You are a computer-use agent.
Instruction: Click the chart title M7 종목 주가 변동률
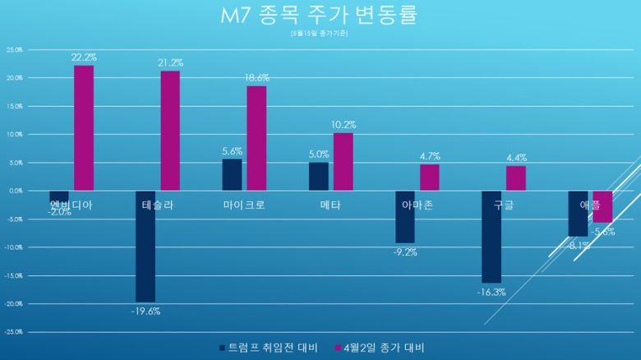320,16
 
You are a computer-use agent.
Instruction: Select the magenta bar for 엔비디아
84,127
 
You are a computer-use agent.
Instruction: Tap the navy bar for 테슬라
145,246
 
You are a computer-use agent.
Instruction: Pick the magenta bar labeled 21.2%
170,131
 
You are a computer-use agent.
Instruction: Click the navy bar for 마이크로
233,174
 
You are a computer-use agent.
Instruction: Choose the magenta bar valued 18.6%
256,138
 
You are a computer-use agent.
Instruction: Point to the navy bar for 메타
319,176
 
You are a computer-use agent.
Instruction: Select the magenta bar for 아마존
430,178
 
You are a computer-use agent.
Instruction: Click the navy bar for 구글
491,236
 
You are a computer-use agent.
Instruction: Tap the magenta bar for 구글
516,178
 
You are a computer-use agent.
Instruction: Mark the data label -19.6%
146,311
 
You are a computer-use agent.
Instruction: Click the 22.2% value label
84,58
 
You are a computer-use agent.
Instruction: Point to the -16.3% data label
491,292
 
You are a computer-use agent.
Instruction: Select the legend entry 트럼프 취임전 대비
272,348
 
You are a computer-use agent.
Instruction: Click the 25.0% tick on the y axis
14,49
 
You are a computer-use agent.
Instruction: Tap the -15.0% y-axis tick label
14,275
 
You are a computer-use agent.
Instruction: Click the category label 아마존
417,205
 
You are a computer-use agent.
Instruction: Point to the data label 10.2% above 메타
344,125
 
